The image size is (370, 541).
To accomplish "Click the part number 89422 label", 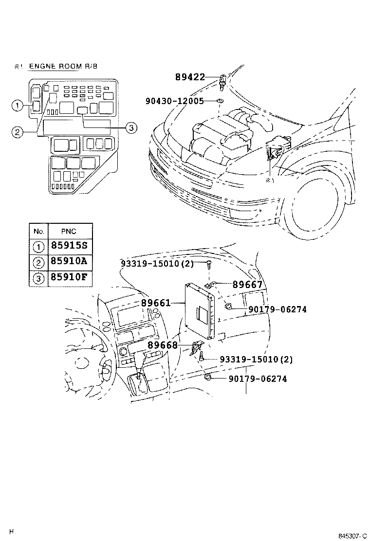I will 189,76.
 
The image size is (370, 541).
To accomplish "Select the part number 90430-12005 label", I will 174,101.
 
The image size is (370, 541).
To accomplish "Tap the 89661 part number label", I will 156,303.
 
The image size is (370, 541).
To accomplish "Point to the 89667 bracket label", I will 247,285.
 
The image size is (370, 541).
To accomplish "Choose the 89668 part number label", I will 162,345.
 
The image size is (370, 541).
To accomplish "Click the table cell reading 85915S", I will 68,246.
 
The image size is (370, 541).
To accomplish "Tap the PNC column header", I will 68,231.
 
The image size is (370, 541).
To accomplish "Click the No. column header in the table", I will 38,231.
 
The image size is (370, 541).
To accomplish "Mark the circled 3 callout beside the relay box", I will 130,128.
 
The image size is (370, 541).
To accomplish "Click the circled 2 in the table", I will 38,262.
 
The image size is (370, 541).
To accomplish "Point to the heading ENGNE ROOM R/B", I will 63,66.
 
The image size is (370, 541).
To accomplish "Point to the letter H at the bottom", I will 11,531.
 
